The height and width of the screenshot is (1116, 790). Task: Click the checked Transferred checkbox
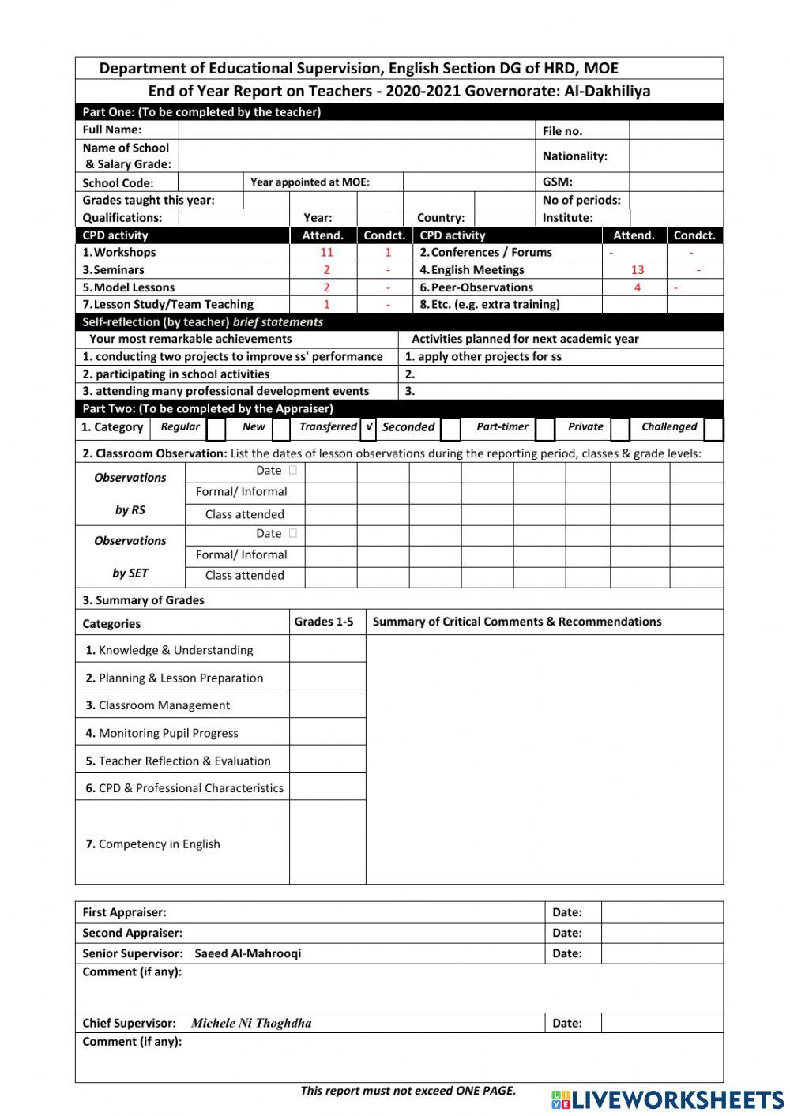369,427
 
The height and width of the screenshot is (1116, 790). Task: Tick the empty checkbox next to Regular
216,428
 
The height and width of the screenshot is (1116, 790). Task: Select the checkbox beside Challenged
713,428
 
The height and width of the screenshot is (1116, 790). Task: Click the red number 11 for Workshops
326,253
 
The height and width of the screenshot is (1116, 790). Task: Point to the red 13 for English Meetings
637,270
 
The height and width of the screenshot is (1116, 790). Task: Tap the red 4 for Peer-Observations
637,287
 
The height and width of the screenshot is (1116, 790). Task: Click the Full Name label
112,130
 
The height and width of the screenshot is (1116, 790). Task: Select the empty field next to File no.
675,130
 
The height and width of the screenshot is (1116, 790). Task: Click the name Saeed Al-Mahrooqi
247,953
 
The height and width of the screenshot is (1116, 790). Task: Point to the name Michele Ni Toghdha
251,1023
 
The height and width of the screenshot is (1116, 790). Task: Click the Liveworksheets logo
667,1100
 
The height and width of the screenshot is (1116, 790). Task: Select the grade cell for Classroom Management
327,705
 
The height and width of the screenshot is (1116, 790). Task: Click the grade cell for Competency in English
327,842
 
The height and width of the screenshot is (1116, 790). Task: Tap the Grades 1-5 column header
324,622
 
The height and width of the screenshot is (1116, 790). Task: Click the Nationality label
574,156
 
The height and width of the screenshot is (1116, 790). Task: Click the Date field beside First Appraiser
661,912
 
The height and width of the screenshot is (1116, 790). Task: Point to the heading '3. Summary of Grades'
143,600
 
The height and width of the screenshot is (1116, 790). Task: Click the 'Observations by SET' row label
130,557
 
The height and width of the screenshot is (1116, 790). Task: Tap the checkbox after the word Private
620,428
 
